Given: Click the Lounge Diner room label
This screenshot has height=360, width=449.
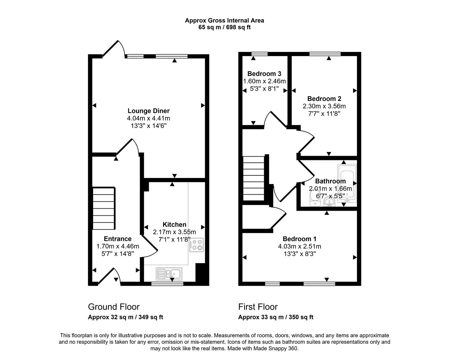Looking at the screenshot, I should [148, 111].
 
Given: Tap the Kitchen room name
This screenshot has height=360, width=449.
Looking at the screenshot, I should [174, 225].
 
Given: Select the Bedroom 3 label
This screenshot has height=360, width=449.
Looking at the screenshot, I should [264, 74].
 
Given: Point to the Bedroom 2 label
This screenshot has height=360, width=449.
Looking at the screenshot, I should [324, 99].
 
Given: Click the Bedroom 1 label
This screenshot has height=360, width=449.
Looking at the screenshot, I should [299, 239].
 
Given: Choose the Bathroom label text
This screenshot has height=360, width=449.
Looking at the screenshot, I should [330, 181].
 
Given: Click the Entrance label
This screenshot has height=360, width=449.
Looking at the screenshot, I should [117, 239].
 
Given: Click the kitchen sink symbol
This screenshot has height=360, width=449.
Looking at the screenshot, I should [169, 274].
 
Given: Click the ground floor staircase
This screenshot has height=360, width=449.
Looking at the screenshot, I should [104, 207].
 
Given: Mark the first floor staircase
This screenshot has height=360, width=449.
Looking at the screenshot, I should [254, 178].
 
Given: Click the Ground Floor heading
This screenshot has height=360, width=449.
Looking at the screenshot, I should [114, 307].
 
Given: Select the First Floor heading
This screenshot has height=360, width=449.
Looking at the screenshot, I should [258, 307].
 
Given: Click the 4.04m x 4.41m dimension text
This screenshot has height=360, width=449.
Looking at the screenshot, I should [148, 118].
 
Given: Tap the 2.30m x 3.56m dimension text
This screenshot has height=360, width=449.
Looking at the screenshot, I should [324, 106].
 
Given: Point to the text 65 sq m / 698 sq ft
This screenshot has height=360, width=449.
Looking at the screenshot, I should [224, 27].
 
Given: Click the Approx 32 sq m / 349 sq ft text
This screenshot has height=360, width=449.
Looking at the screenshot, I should [125, 317].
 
